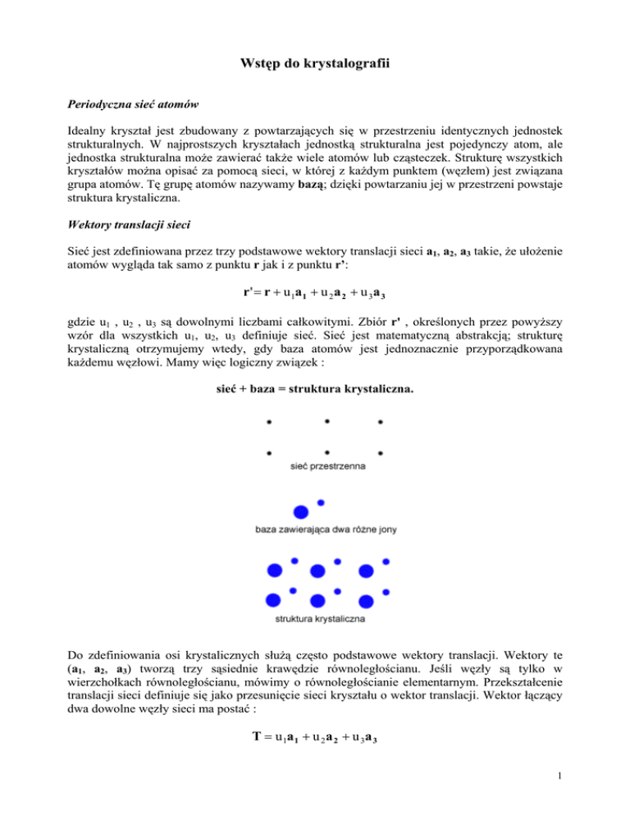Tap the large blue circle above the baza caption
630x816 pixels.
point(301,511)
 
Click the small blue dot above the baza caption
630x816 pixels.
point(321,502)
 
